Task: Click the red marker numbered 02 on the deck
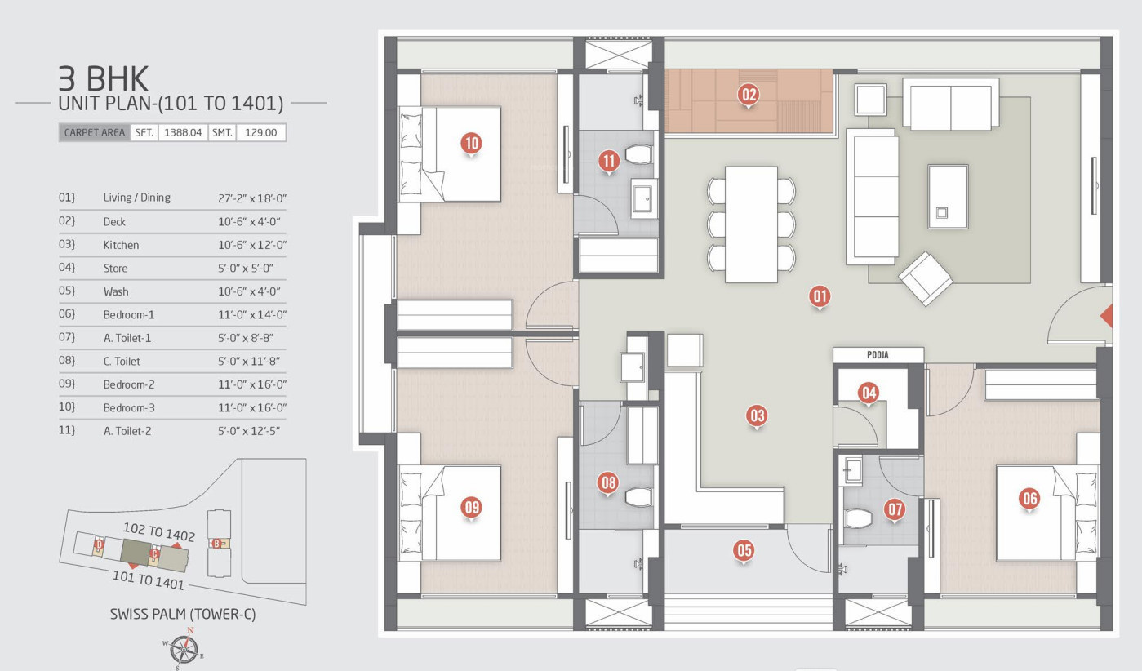pyautogui.click(x=749, y=95)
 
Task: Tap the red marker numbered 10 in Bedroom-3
pyautogui.click(x=472, y=144)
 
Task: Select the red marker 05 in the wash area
pyautogui.click(x=744, y=551)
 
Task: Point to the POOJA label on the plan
pyautogui.click(x=878, y=355)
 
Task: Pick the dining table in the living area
pyautogui.click(x=751, y=224)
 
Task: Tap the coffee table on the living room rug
pyautogui.click(x=948, y=196)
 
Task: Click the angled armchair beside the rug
pyautogui.click(x=926, y=278)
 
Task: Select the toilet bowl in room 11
pyautogui.click(x=638, y=154)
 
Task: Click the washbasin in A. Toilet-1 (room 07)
pyautogui.click(x=852, y=469)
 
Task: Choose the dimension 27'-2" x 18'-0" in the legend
pyautogui.click(x=252, y=198)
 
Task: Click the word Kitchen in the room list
pyautogui.click(x=121, y=245)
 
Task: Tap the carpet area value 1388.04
pyautogui.click(x=183, y=132)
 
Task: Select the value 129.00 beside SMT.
pyautogui.click(x=260, y=132)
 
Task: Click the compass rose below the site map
pyautogui.click(x=184, y=649)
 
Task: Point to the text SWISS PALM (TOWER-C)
pyautogui.click(x=183, y=614)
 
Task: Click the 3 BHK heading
pyautogui.click(x=103, y=78)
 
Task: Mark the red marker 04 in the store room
pyautogui.click(x=869, y=393)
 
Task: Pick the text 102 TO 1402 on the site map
pyautogui.click(x=159, y=531)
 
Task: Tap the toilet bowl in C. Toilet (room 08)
pyautogui.click(x=638, y=497)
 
